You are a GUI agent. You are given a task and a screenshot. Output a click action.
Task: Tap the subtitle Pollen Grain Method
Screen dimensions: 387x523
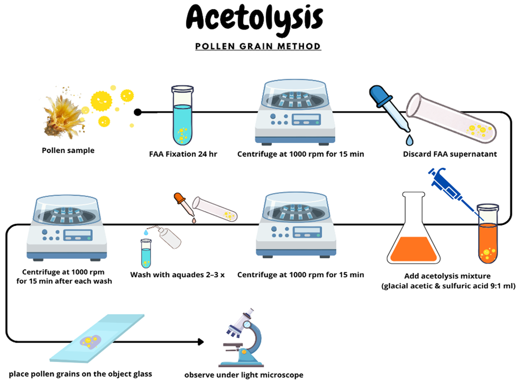258,46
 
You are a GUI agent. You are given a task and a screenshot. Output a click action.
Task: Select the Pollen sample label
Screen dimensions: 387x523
68,150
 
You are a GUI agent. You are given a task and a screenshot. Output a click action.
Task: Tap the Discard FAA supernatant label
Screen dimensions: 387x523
450,155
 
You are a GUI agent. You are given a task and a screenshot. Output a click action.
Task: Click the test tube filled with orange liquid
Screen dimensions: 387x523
487,235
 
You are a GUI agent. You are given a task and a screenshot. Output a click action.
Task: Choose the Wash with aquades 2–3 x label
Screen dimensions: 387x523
178,275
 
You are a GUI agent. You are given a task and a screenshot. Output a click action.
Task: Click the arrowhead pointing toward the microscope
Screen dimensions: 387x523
200,342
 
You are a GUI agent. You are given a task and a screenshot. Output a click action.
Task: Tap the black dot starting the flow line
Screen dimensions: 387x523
138,112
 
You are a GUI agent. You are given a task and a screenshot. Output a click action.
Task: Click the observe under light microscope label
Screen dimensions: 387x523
244,375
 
